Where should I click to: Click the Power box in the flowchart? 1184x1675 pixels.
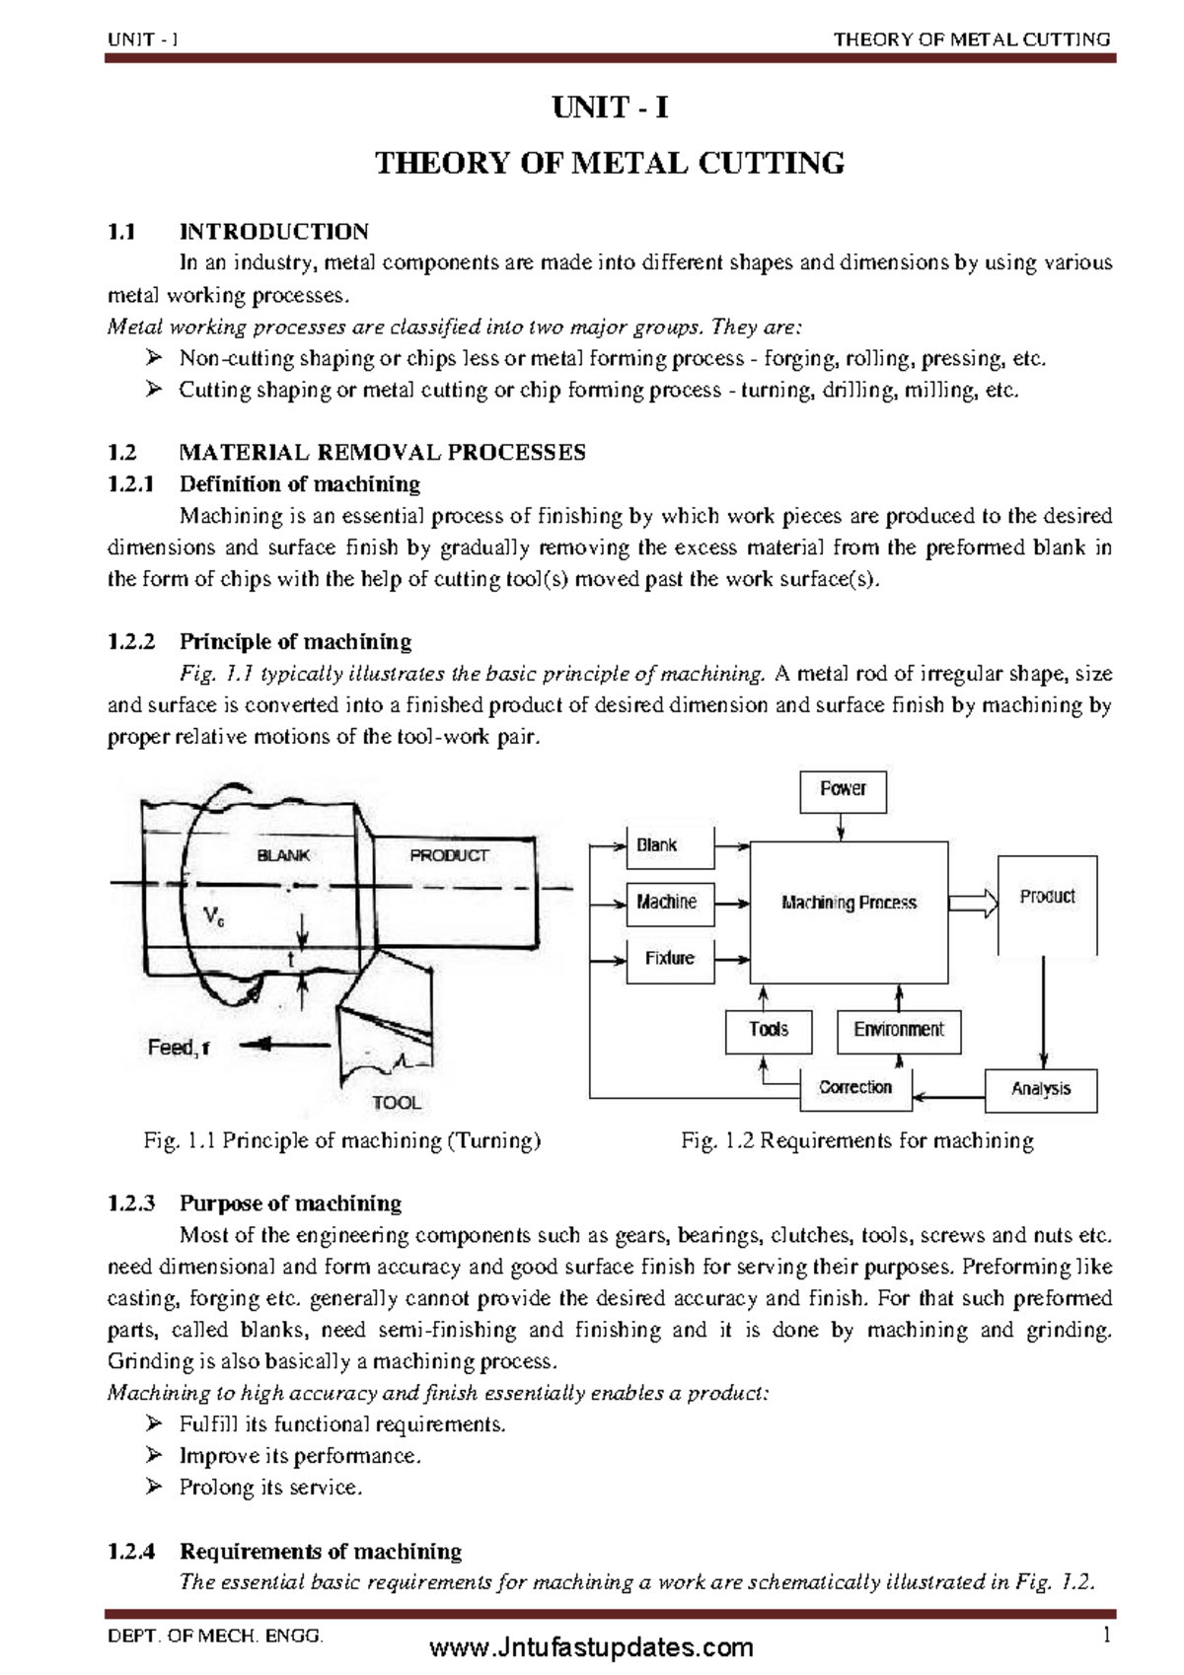tap(843, 790)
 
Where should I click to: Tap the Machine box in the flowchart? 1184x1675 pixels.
tap(669, 903)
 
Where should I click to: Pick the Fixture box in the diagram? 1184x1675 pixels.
tap(669, 959)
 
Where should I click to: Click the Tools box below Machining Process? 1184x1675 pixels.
tap(769, 1031)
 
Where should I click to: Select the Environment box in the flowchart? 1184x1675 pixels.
tap(898, 1031)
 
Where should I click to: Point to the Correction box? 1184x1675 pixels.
tap(854, 1088)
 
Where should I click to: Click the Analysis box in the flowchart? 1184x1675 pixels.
tap(1041, 1090)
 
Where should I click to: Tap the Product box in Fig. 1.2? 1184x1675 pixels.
tap(1047, 898)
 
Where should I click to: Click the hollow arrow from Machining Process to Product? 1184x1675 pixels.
tap(973, 903)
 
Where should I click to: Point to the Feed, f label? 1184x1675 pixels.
tap(179, 1048)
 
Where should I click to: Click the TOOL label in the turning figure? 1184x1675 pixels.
tap(397, 1103)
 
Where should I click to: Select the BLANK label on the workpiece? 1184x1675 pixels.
tap(283, 855)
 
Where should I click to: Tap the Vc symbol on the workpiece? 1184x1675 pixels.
tap(213, 917)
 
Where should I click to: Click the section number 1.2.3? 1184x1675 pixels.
tap(131, 1203)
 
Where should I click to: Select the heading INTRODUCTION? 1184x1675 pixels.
tap(273, 232)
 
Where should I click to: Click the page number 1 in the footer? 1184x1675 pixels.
tap(1107, 1636)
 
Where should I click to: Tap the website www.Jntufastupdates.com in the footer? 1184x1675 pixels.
tap(592, 1647)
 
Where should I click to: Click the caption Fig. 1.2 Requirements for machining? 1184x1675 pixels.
tap(856, 1141)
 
